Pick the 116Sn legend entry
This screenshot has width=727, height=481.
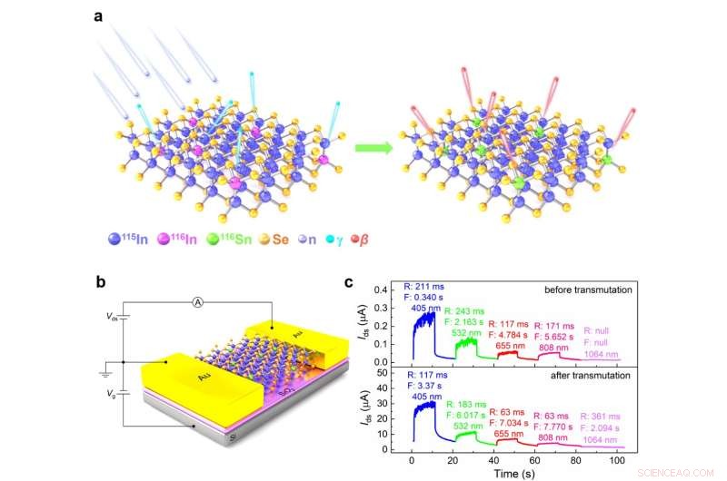(x=272, y=240)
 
